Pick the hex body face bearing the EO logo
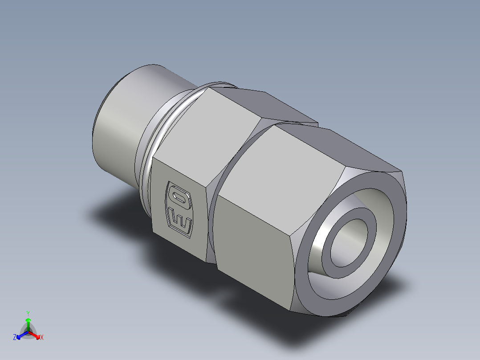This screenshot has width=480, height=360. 178,205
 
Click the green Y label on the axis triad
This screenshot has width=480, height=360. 28,313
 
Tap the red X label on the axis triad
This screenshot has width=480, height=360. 42,338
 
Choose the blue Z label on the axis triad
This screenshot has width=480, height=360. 15,338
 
